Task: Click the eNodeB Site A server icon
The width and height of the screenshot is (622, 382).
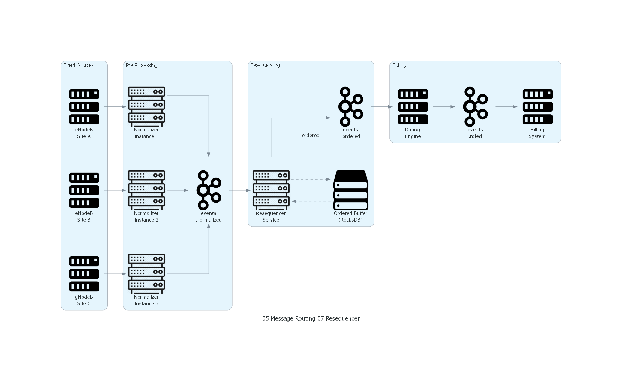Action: pyautogui.click(x=84, y=107)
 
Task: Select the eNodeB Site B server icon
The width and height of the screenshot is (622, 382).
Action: pyautogui.click(x=84, y=190)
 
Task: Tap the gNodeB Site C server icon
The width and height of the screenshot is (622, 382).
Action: pyautogui.click(x=84, y=274)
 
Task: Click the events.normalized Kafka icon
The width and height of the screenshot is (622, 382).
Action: pyautogui.click(x=209, y=190)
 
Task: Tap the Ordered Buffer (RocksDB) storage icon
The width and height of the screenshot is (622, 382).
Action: pyautogui.click(x=351, y=190)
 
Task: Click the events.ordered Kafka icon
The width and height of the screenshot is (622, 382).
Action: pyautogui.click(x=351, y=107)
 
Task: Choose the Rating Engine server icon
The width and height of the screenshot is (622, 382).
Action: pyautogui.click(x=413, y=107)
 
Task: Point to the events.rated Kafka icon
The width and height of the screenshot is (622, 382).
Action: pyautogui.click(x=475, y=107)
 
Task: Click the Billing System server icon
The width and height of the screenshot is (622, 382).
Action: pyautogui.click(x=537, y=107)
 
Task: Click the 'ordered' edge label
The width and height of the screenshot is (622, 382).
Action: pyautogui.click(x=311, y=136)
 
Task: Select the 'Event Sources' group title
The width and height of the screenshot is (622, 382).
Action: pyautogui.click(x=78, y=65)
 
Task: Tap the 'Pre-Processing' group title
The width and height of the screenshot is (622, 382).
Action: pyautogui.click(x=142, y=65)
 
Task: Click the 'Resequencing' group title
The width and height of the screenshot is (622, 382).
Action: pyautogui.click(x=265, y=65)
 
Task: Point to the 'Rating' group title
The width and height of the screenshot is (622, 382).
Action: pyautogui.click(x=399, y=65)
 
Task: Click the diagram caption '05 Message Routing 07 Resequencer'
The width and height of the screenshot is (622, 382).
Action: pyautogui.click(x=311, y=318)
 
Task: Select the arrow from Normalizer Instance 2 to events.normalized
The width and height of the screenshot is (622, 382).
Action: pyautogui.click(x=177, y=190)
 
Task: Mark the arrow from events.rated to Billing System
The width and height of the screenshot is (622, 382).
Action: pyautogui.click(x=506, y=107)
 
